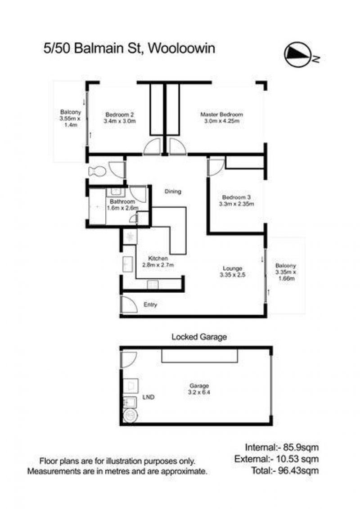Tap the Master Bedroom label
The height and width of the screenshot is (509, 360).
221,117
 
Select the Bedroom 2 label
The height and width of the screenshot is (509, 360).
120,118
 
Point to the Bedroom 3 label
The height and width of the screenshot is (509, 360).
236,201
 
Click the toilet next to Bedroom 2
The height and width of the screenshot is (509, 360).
97,171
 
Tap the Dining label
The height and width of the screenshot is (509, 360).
172,192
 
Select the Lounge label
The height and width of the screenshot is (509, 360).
232,272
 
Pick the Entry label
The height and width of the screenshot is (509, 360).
150,304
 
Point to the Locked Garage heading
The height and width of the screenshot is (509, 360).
199,337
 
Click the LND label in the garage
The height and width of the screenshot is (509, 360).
148,397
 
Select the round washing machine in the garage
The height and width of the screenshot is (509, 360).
130,415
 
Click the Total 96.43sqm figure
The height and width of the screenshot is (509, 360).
285,470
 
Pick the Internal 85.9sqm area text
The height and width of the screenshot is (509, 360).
282,447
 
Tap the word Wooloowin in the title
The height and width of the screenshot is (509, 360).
181,49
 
